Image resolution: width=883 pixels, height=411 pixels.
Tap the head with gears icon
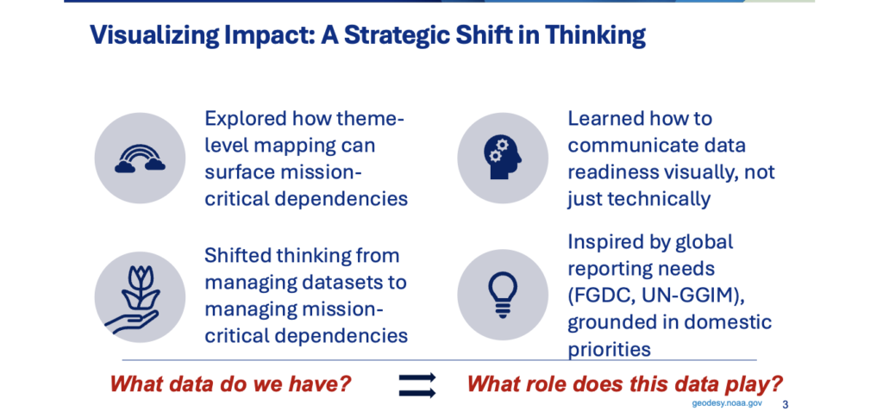(x=503, y=159)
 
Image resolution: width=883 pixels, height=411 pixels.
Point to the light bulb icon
(x=503, y=293)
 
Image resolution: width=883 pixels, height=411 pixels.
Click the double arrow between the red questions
(x=417, y=386)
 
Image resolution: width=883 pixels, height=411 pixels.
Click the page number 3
(x=786, y=404)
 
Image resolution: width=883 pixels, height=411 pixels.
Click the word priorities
(x=609, y=350)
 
